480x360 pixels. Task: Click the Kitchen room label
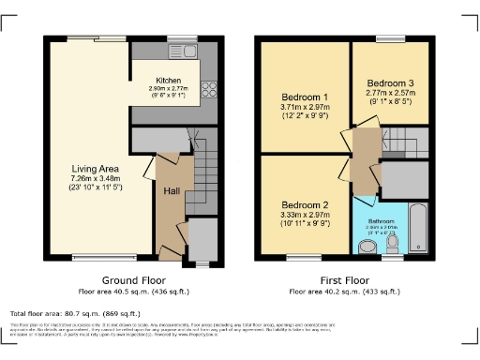[169, 81]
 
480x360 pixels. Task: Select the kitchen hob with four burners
[209, 92]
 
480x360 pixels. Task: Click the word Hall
[172, 191]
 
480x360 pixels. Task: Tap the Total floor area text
[75, 313]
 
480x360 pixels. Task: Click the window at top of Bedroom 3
[390, 38]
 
